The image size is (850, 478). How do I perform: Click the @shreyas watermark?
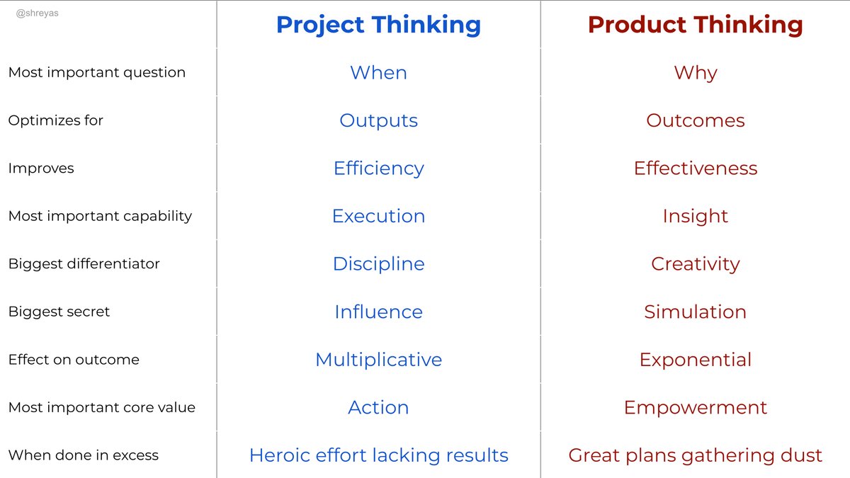(37, 13)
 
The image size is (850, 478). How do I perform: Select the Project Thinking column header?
(378, 25)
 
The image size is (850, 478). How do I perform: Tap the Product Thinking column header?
(695, 25)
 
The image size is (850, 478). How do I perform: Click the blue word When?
(378, 72)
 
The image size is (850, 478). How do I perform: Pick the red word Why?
(696, 74)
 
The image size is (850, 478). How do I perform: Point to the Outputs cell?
(378, 121)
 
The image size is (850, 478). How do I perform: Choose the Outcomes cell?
(695, 120)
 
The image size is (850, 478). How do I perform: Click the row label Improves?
(41, 169)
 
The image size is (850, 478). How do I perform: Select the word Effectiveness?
(695, 168)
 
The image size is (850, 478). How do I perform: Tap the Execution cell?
(378, 216)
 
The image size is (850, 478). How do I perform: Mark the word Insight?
(695, 217)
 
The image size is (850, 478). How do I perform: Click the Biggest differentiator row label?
(84, 264)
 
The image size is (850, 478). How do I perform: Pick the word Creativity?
(695, 265)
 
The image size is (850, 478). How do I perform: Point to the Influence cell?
(378, 312)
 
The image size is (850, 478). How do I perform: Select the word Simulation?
(695, 312)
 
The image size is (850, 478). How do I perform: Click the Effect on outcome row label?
(74, 360)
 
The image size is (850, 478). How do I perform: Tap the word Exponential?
(695, 360)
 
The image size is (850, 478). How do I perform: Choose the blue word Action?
(378, 407)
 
